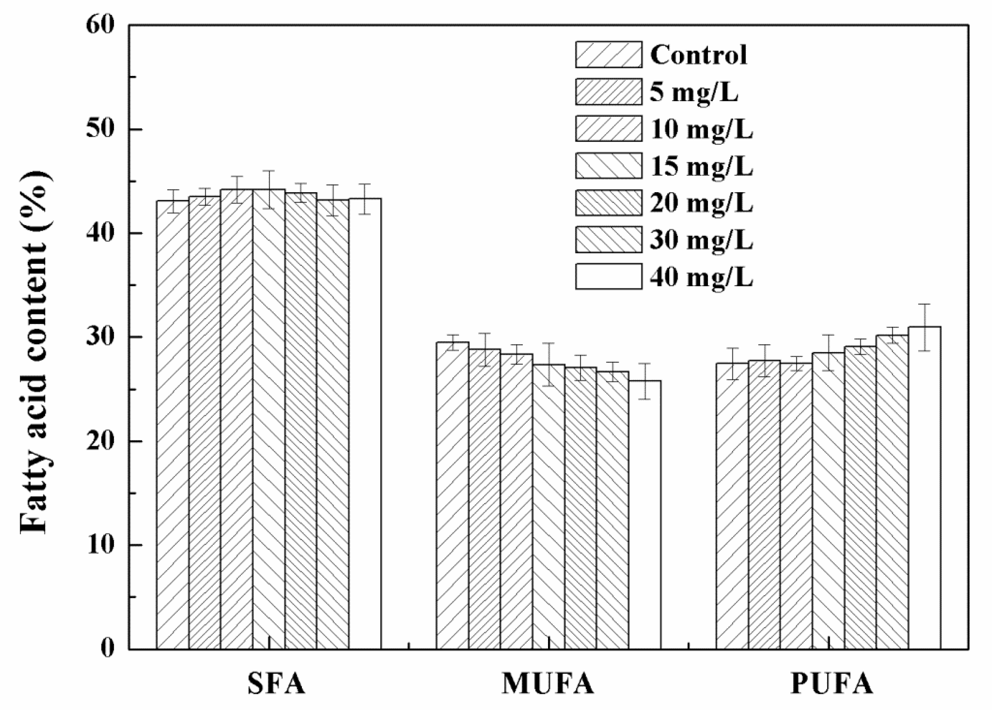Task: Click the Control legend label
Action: click(x=698, y=55)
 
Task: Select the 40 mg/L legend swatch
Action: click(x=608, y=276)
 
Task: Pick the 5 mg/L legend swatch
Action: click(x=608, y=92)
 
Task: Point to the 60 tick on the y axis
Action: click(x=100, y=25)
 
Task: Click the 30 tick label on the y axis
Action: click(x=100, y=337)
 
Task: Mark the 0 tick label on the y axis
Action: click(x=107, y=648)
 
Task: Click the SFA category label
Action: click(x=276, y=683)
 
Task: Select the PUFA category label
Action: click(x=831, y=683)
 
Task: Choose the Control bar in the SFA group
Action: click(x=173, y=424)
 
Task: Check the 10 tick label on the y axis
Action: click(x=100, y=545)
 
